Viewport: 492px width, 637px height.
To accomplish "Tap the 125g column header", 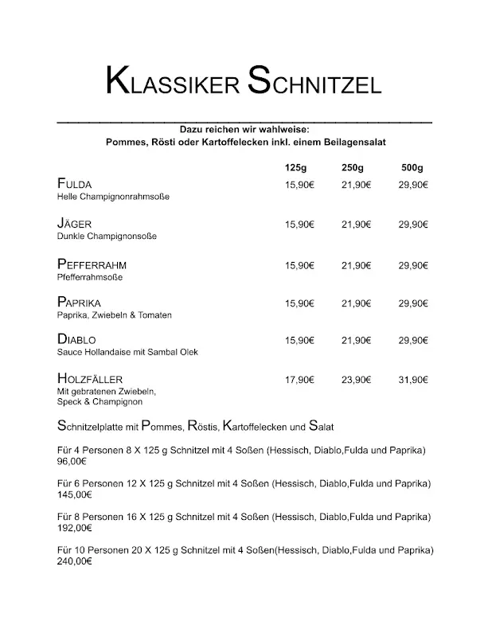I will [295, 168].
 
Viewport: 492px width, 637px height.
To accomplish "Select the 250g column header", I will [352, 168].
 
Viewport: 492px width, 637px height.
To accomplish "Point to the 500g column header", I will [412, 168].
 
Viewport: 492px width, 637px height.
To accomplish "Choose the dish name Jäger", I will [76, 224].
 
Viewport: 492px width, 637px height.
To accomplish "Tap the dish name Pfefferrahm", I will [92, 264].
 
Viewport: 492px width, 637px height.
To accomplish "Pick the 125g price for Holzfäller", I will [299, 380].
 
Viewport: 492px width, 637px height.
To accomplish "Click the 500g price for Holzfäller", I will [413, 380].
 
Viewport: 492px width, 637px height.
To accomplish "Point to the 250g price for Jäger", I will [356, 225].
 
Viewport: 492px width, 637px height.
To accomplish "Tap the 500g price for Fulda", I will [413, 185].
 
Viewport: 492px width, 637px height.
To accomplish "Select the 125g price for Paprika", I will [299, 303].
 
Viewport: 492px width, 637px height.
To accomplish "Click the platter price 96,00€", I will [72, 461].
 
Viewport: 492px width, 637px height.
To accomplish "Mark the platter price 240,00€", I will [75, 561].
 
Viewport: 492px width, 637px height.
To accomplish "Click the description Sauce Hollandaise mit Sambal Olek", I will [127, 352].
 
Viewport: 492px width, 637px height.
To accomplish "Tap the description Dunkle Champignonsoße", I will [107, 236].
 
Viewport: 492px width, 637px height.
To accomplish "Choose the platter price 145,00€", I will [75, 494].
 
